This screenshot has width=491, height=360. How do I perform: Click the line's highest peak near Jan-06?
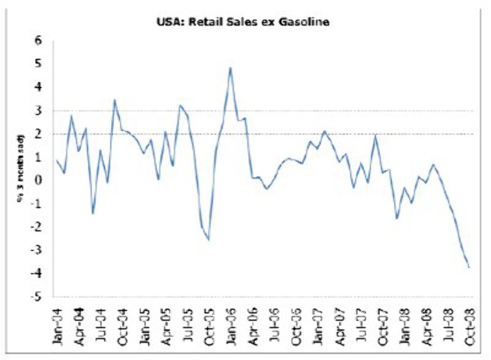230,68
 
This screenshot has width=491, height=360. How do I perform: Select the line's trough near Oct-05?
209,239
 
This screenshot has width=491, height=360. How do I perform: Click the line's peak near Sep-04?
114,100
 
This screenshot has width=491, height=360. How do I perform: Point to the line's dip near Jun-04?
93,213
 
